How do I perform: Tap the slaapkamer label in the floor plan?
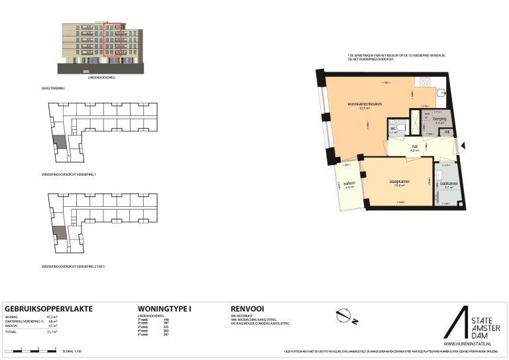click(x=400, y=181)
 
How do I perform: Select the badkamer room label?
click(x=448, y=184)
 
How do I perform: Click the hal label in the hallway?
click(x=414, y=147)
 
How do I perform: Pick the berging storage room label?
click(x=439, y=119)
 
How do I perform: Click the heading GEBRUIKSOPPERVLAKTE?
click(x=48, y=309)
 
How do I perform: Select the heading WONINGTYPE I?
click(x=164, y=309)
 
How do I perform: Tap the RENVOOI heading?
click(x=248, y=309)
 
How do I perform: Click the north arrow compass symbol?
click(x=345, y=316)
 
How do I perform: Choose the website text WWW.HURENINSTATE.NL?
click(x=467, y=344)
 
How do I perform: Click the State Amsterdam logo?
click(x=467, y=324)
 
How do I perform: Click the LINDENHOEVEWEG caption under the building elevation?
click(x=102, y=78)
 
